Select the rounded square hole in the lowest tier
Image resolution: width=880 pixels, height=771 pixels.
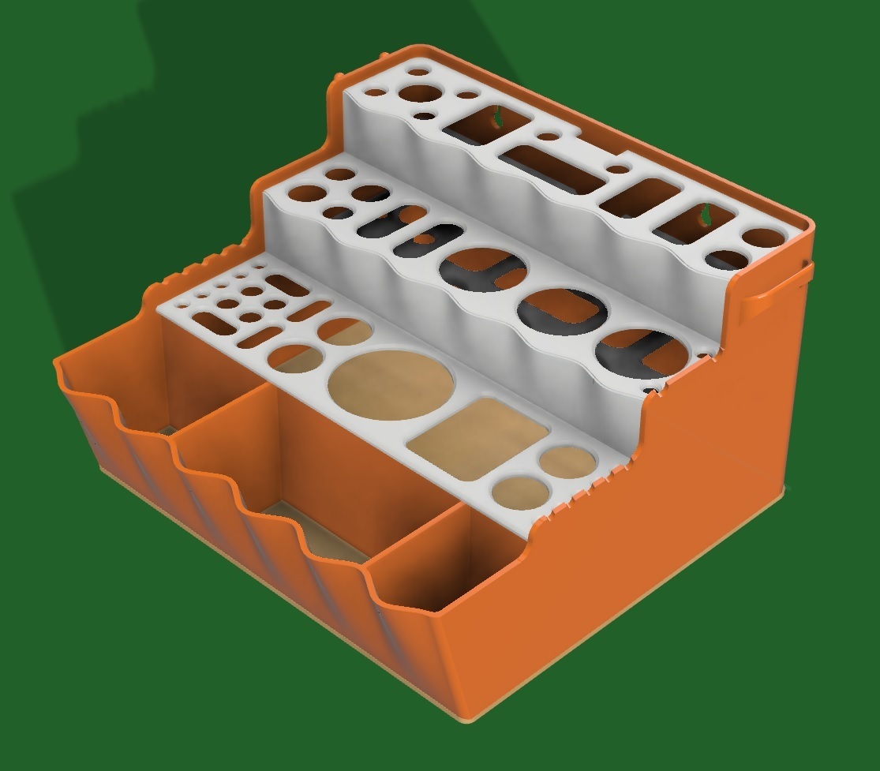coord(478,438)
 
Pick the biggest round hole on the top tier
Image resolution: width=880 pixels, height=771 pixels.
coord(419,92)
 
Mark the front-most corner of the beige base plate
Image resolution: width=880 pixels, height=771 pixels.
coord(474,720)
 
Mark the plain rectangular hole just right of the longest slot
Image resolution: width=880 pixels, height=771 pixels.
coord(640,198)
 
